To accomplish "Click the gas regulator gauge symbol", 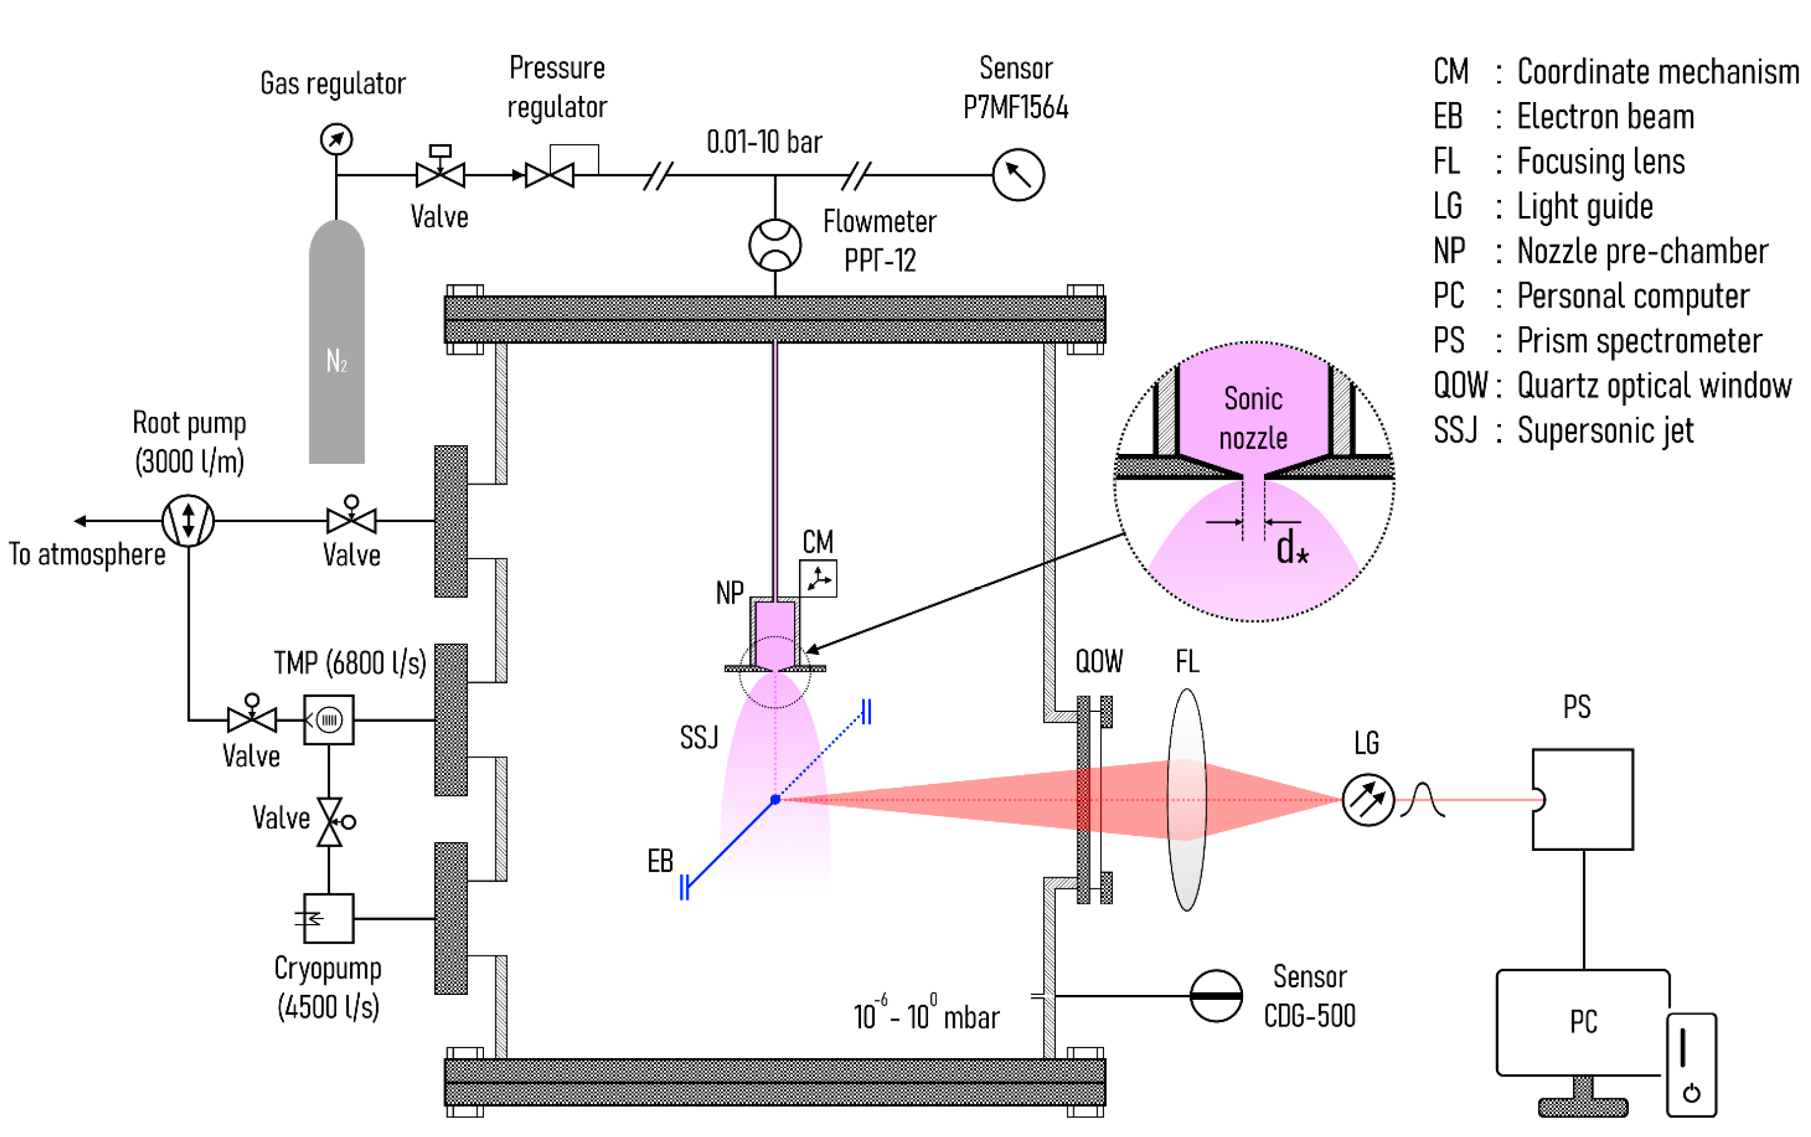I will click(336, 139).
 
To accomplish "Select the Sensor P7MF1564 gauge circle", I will click(1018, 175).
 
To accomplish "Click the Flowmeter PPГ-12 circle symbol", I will click(775, 245).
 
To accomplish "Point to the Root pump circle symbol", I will click(188, 520).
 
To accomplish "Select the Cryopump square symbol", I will click(329, 918).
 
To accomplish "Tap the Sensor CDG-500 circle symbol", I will click(1215, 996).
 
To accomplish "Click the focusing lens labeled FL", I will click(1186, 800).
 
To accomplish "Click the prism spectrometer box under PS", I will click(1583, 800).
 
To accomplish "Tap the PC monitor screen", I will click(1582, 1022).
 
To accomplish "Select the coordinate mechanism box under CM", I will click(818, 579).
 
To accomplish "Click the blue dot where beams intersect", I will click(775, 800).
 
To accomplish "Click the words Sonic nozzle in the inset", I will click(1253, 418).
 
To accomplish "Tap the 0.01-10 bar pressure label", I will click(764, 142).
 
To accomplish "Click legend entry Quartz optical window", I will click(1654, 386).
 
